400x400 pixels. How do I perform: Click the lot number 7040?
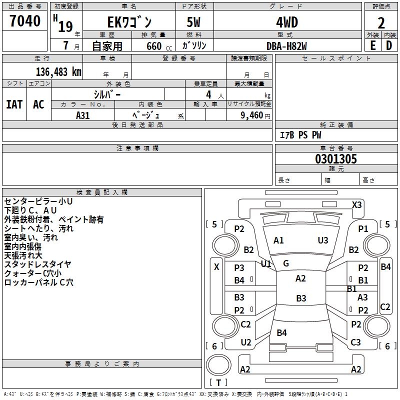click(25, 20)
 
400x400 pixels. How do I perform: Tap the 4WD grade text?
click(286, 22)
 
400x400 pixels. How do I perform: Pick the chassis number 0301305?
click(336, 159)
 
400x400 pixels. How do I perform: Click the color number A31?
click(83, 115)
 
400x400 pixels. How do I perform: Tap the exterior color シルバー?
click(107, 94)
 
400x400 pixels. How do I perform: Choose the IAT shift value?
click(14, 104)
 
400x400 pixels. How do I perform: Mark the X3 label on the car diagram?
click(357, 204)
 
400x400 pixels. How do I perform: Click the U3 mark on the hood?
click(323, 240)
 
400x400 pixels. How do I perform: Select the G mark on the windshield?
click(286, 263)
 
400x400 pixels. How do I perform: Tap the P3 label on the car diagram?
click(239, 268)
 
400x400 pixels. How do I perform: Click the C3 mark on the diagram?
click(355, 342)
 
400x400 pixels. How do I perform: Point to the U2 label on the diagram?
click(245, 342)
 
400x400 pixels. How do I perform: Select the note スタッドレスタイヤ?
click(37, 264)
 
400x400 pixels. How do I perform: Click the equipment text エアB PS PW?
click(300, 135)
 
